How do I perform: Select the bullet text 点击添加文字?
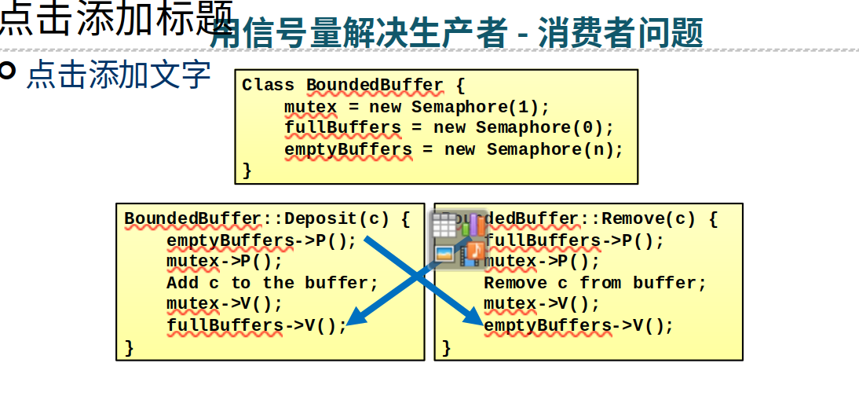point(119,75)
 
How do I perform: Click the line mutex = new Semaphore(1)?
point(417,107)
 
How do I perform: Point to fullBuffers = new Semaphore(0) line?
point(448,128)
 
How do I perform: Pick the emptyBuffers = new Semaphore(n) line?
point(453,149)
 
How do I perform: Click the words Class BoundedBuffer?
point(342,85)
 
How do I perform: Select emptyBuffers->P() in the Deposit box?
point(261,240)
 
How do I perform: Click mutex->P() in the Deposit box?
point(224,261)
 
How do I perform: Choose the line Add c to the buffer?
point(272,282)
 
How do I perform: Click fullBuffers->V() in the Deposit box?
point(256,324)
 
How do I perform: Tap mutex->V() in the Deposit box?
point(224,303)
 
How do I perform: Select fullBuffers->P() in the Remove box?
point(574,240)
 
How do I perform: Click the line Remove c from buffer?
point(594,282)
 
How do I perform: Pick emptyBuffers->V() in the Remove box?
point(579,324)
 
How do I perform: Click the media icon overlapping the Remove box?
point(459,239)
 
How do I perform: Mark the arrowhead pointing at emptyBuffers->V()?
point(474,318)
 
